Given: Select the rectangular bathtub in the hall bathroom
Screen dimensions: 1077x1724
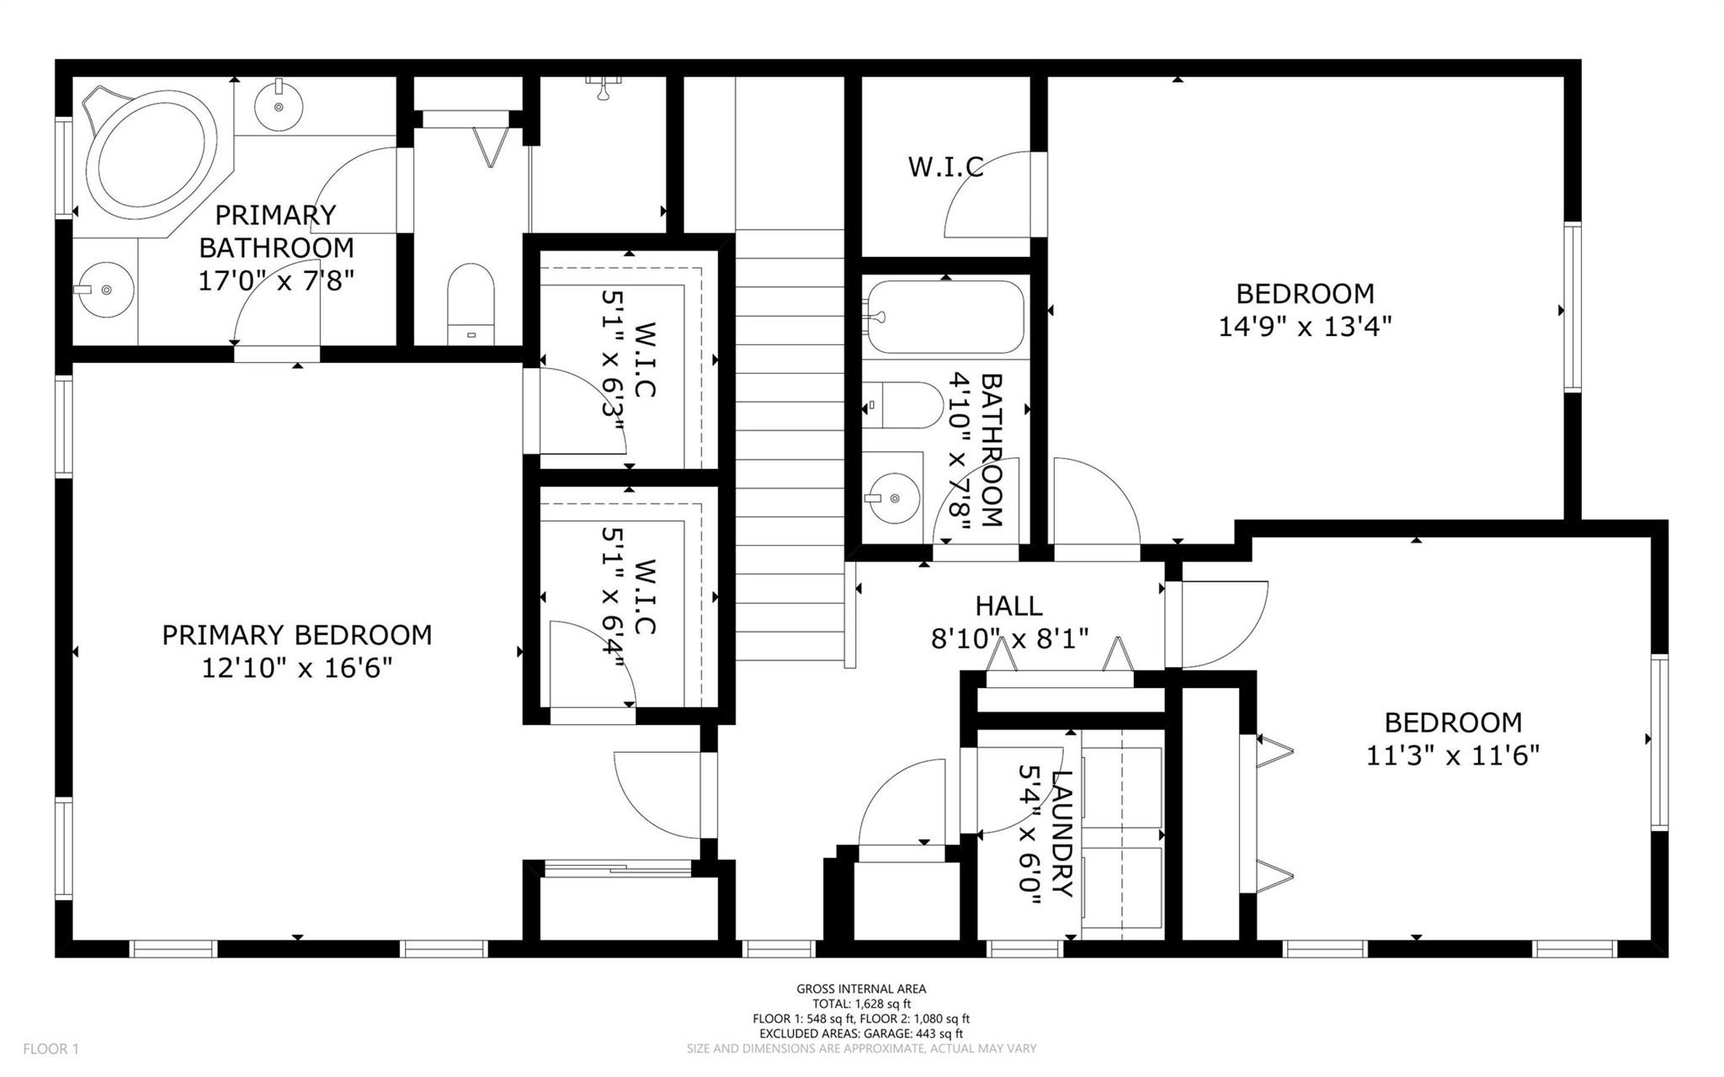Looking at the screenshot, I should [944, 317].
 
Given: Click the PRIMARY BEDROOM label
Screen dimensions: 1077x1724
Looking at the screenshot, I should [296, 635].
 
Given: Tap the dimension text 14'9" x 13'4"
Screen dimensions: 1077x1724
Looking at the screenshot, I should [1304, 327].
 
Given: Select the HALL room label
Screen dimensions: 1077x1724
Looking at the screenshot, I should [1008, 605].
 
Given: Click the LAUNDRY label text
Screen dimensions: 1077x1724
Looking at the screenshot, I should [1062, 834].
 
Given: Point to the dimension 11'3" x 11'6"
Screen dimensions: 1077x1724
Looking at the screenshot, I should [1452, 756].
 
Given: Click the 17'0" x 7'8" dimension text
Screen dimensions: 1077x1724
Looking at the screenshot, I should [275, 281].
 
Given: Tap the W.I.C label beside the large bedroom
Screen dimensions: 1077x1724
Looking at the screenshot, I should [945, 167].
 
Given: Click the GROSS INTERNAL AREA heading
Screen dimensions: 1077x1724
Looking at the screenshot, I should [861, 989].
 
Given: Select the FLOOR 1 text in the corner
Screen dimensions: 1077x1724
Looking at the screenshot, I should [51, 1049].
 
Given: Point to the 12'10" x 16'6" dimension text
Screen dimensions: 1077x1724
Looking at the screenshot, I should [296, 669].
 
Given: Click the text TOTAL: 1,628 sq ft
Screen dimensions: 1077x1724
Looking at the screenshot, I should [861, 1004].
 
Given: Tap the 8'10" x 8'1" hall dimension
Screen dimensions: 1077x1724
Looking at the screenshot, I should [1009, 639].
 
